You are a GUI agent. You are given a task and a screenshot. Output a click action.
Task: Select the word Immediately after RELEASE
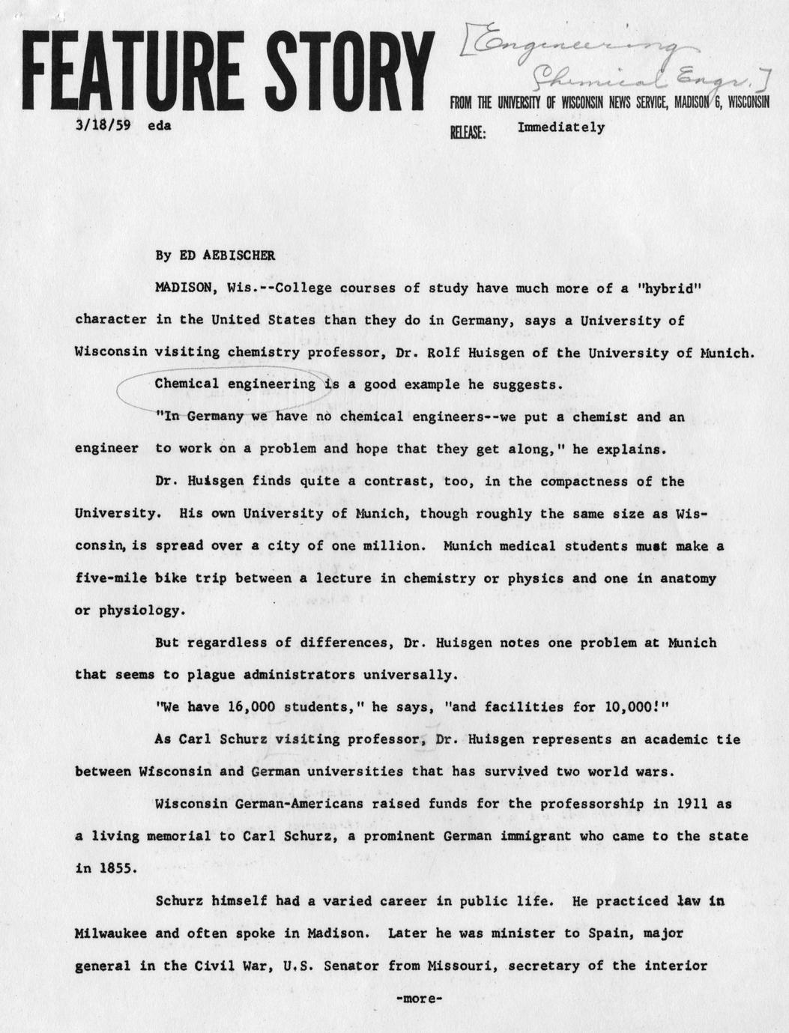(560, 127)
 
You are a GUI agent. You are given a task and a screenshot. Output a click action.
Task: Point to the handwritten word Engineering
(569, 48)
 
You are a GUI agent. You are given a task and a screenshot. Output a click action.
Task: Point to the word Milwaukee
(111, 933)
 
